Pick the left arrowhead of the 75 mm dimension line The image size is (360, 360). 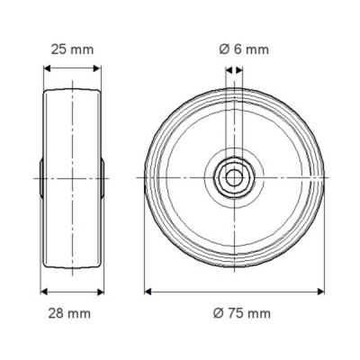coord(148,292)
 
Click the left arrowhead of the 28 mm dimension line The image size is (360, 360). coord(43,292)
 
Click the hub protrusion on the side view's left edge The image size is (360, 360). coord(41,178)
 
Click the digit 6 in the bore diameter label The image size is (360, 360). coord(238,50)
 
